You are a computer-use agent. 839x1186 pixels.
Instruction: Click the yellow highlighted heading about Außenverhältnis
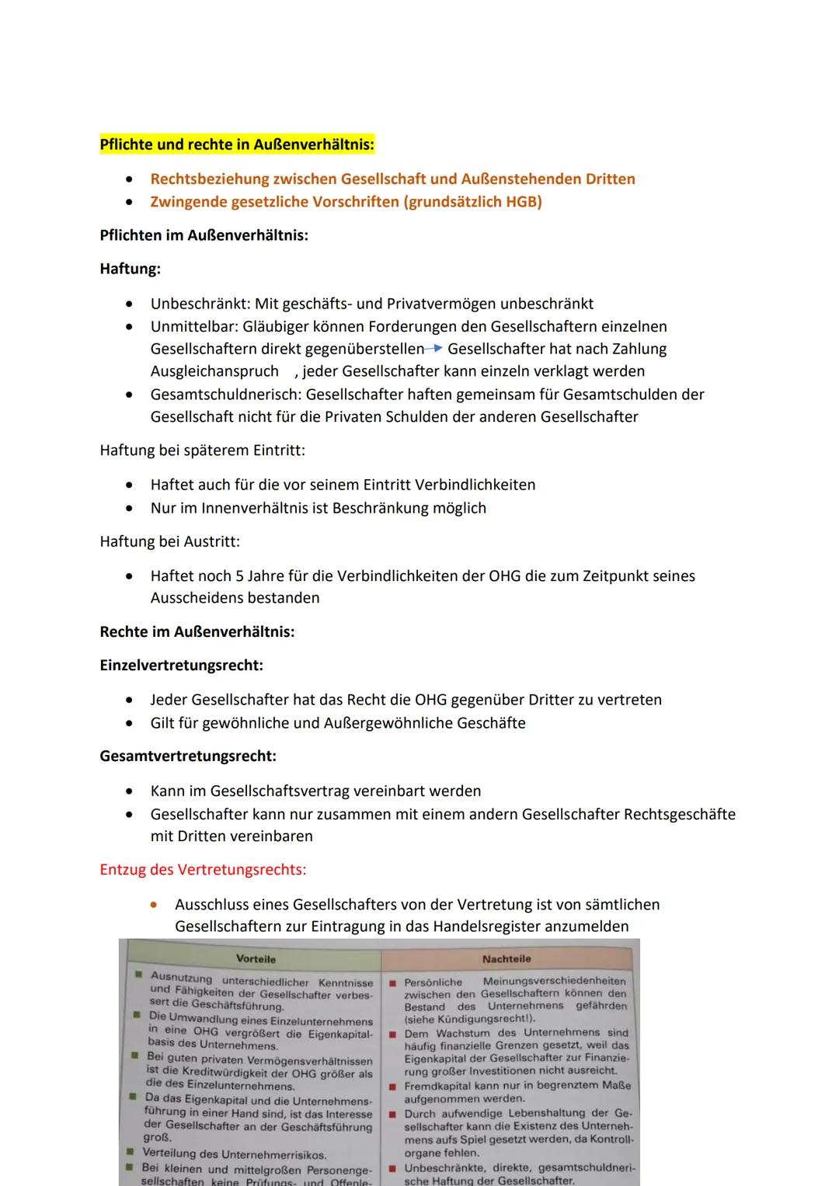(x=237, y=144)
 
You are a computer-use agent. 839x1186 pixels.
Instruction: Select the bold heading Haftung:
(x=131, y=269)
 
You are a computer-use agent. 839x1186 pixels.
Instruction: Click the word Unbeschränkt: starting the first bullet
(x=200, y=304)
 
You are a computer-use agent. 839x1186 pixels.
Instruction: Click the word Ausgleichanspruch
(x=214, y=371)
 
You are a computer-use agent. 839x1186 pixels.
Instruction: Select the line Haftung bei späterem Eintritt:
(x=202, y=450)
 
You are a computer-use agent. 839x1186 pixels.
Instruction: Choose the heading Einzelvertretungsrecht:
(x=181, y=666)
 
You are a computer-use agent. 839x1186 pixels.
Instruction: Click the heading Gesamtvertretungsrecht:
(x=188, y=756)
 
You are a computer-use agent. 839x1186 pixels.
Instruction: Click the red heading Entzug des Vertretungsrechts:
(x=203, y=870)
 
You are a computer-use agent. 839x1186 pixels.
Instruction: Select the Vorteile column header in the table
(x=256, y=959)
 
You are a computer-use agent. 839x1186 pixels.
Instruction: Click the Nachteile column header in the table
(x=507, y=959)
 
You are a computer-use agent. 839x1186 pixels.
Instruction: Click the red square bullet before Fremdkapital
(x=393, y=1086)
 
